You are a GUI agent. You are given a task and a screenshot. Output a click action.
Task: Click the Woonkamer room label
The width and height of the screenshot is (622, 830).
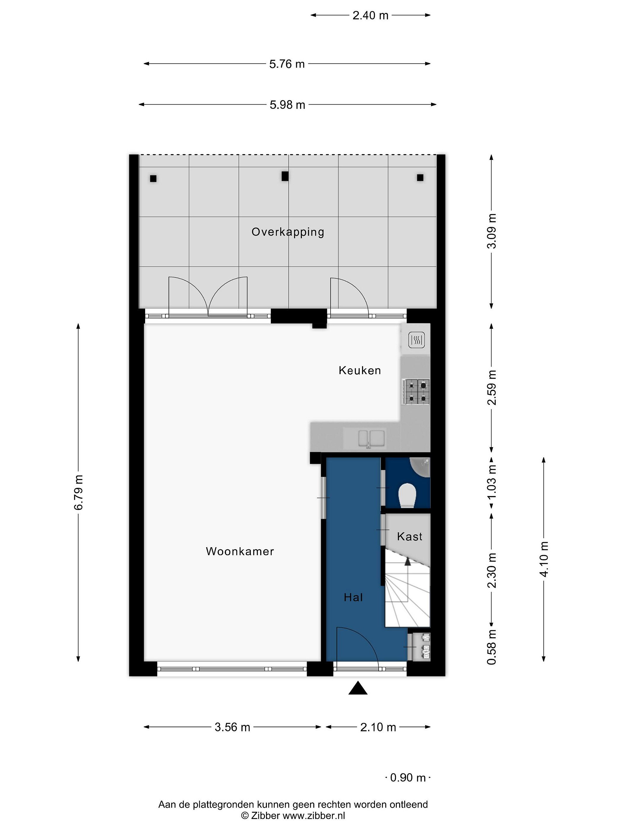click(x=240, y=551)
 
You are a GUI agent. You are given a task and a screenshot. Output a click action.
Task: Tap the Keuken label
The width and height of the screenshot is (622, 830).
click(x=360, y=370)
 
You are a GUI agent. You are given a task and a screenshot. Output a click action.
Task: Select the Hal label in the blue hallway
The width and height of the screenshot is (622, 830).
click(x=353, y=597)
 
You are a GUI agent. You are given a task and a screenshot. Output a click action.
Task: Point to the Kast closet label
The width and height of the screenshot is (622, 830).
click(x=409, y=537)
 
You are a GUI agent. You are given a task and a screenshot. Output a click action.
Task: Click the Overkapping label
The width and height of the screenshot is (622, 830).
click(x=288, y=232)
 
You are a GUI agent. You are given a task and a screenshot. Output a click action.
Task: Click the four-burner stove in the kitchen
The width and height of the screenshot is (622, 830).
click(x=416, y=391)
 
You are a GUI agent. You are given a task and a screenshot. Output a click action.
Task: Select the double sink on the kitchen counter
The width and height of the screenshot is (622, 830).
click(x=371, y=439)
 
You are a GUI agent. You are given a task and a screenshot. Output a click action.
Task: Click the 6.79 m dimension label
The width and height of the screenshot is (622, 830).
click(x=79, y=492)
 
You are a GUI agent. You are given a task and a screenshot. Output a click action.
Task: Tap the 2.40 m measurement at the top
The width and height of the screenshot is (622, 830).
click(x=370, y=15)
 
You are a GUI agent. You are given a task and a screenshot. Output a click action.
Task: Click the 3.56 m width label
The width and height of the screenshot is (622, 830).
click(x=232, y=727)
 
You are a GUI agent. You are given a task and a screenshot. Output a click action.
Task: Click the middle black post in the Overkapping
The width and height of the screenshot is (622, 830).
click(x=285, y=176)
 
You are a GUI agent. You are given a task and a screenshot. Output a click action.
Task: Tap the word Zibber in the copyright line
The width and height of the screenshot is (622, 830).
click(x=265, y=815)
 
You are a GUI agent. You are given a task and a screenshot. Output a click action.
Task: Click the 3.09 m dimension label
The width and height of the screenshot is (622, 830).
click(x=492, y=231)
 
